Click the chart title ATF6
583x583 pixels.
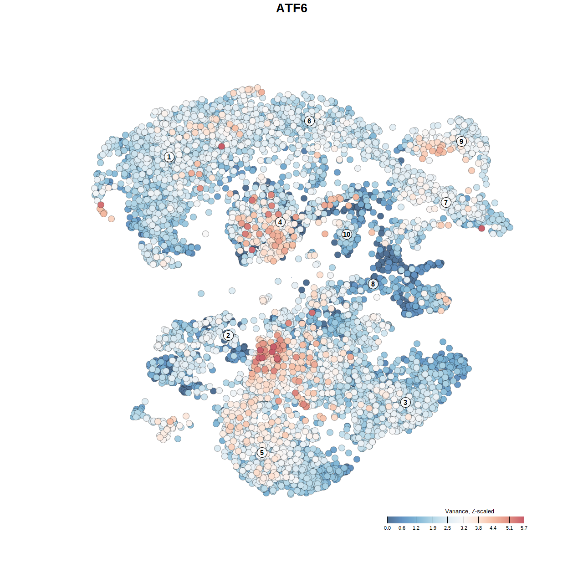pos(291,8)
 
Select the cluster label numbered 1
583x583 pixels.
pos(169,157)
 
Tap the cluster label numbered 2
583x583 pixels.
pos(228,336)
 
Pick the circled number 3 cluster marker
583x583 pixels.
pos(405,402)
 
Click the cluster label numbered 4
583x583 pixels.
pos(280,222)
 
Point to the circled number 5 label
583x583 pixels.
pos(261,452)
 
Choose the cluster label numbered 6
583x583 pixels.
pos(309,121)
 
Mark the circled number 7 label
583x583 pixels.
pos(446,202)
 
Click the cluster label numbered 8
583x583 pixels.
pos(373,284)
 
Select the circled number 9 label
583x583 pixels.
pos(461,141)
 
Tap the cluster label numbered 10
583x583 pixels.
pos(347,234)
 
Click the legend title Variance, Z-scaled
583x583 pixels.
pos(469,511)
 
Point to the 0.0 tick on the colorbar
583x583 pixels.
pos(387,528)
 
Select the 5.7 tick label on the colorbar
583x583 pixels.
pos(524,528)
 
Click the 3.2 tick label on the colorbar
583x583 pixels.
pos(464,528)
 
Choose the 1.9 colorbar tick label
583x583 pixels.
pos(433,528)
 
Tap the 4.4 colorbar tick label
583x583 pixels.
pos(493,528)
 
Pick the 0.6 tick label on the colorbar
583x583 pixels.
pos(402,528)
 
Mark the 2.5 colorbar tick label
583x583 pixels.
pos(447,528)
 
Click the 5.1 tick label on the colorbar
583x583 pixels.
pos(509,528)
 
